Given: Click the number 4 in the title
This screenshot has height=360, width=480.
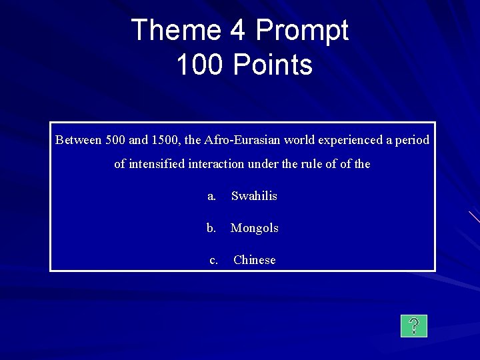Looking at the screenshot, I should tap(241, 30).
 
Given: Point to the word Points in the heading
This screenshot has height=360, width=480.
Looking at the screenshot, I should tap(272, 65).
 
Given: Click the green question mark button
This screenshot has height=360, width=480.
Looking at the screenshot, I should tap(414, 326).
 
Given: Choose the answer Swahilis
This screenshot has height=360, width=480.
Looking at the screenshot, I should tap(254, 196).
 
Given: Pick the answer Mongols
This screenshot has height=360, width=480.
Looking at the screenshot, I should tap(254, 228).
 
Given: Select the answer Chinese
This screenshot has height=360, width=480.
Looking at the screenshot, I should tap(254, 260).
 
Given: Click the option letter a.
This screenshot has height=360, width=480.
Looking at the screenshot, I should tap(211, 196).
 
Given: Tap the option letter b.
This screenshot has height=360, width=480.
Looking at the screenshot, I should tap(211, 228).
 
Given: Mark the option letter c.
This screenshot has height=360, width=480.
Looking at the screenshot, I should tap(213, 260).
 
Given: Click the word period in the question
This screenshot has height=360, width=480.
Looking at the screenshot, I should tap(413, 141).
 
